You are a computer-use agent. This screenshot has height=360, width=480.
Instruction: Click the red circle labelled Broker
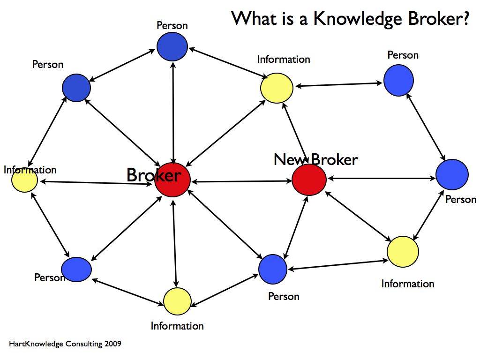(172, 180)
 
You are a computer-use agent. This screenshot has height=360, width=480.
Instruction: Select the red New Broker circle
(309, 180)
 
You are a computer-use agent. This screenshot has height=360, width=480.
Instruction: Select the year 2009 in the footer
(113, 344)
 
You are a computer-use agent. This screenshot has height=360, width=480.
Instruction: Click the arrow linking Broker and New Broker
(241, 181)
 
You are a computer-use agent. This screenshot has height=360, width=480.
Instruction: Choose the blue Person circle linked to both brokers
(273, 269)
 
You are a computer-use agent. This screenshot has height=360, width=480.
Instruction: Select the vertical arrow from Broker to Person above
(174, 112)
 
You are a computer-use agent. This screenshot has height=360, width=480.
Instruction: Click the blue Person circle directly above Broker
(172, 47)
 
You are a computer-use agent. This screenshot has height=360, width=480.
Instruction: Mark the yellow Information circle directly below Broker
(177, 301)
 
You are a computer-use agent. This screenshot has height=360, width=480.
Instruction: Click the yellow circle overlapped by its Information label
(24, 180)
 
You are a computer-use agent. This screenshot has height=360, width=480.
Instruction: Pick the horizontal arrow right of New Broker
(382, 178)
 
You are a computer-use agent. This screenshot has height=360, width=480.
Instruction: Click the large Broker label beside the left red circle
(153, 175)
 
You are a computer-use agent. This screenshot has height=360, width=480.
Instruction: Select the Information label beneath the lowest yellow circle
(177, 326)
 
